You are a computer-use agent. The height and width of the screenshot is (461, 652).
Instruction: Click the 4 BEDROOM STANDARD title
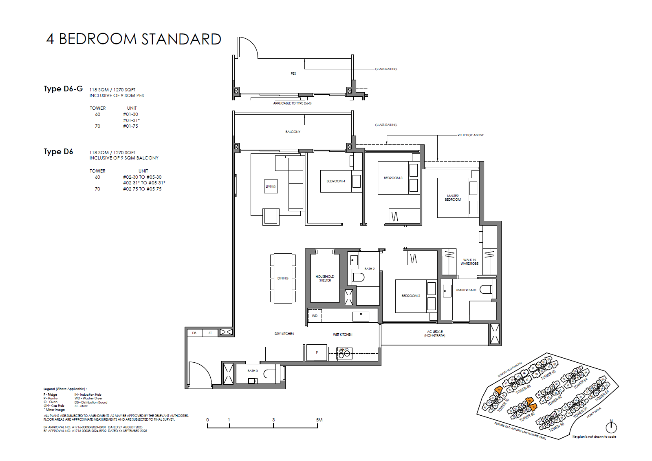tap(134, 39)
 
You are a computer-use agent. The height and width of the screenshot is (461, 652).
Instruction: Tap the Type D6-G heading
tap(63, 89)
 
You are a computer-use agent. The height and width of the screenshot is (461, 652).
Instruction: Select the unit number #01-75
tap(130, 126)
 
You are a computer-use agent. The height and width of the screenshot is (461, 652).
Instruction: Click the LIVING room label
tap(271, 186)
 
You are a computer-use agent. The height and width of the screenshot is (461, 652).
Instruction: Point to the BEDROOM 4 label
tap(335, 181)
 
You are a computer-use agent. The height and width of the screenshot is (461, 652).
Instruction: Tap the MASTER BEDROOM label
tap(453, 198)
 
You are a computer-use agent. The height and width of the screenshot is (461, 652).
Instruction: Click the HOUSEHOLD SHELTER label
tap(325, 278)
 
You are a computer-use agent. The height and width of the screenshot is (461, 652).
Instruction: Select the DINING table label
tap(283, 278)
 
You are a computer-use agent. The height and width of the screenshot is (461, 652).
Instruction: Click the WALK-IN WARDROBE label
tap(469, 262)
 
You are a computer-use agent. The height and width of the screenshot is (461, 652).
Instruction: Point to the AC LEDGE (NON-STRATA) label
tap(435, 333)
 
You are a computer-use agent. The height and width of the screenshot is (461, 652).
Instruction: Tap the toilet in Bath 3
tap(269, 374)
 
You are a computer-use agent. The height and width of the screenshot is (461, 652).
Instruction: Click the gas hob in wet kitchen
tap(344, 353)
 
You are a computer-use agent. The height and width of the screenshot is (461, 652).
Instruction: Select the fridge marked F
tap(317, 352)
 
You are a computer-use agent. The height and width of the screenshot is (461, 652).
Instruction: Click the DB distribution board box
tap(194, 333)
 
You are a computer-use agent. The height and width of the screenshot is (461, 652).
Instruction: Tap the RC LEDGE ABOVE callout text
tap(471, 135)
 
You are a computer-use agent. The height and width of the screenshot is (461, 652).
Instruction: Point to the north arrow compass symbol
tap(611, 427)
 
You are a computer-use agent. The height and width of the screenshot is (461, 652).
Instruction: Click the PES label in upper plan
tap(293, 73)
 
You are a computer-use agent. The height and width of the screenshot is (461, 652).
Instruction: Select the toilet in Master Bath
tap(485, 289)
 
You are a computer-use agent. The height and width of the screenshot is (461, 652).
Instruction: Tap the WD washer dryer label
tap(315, 316)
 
